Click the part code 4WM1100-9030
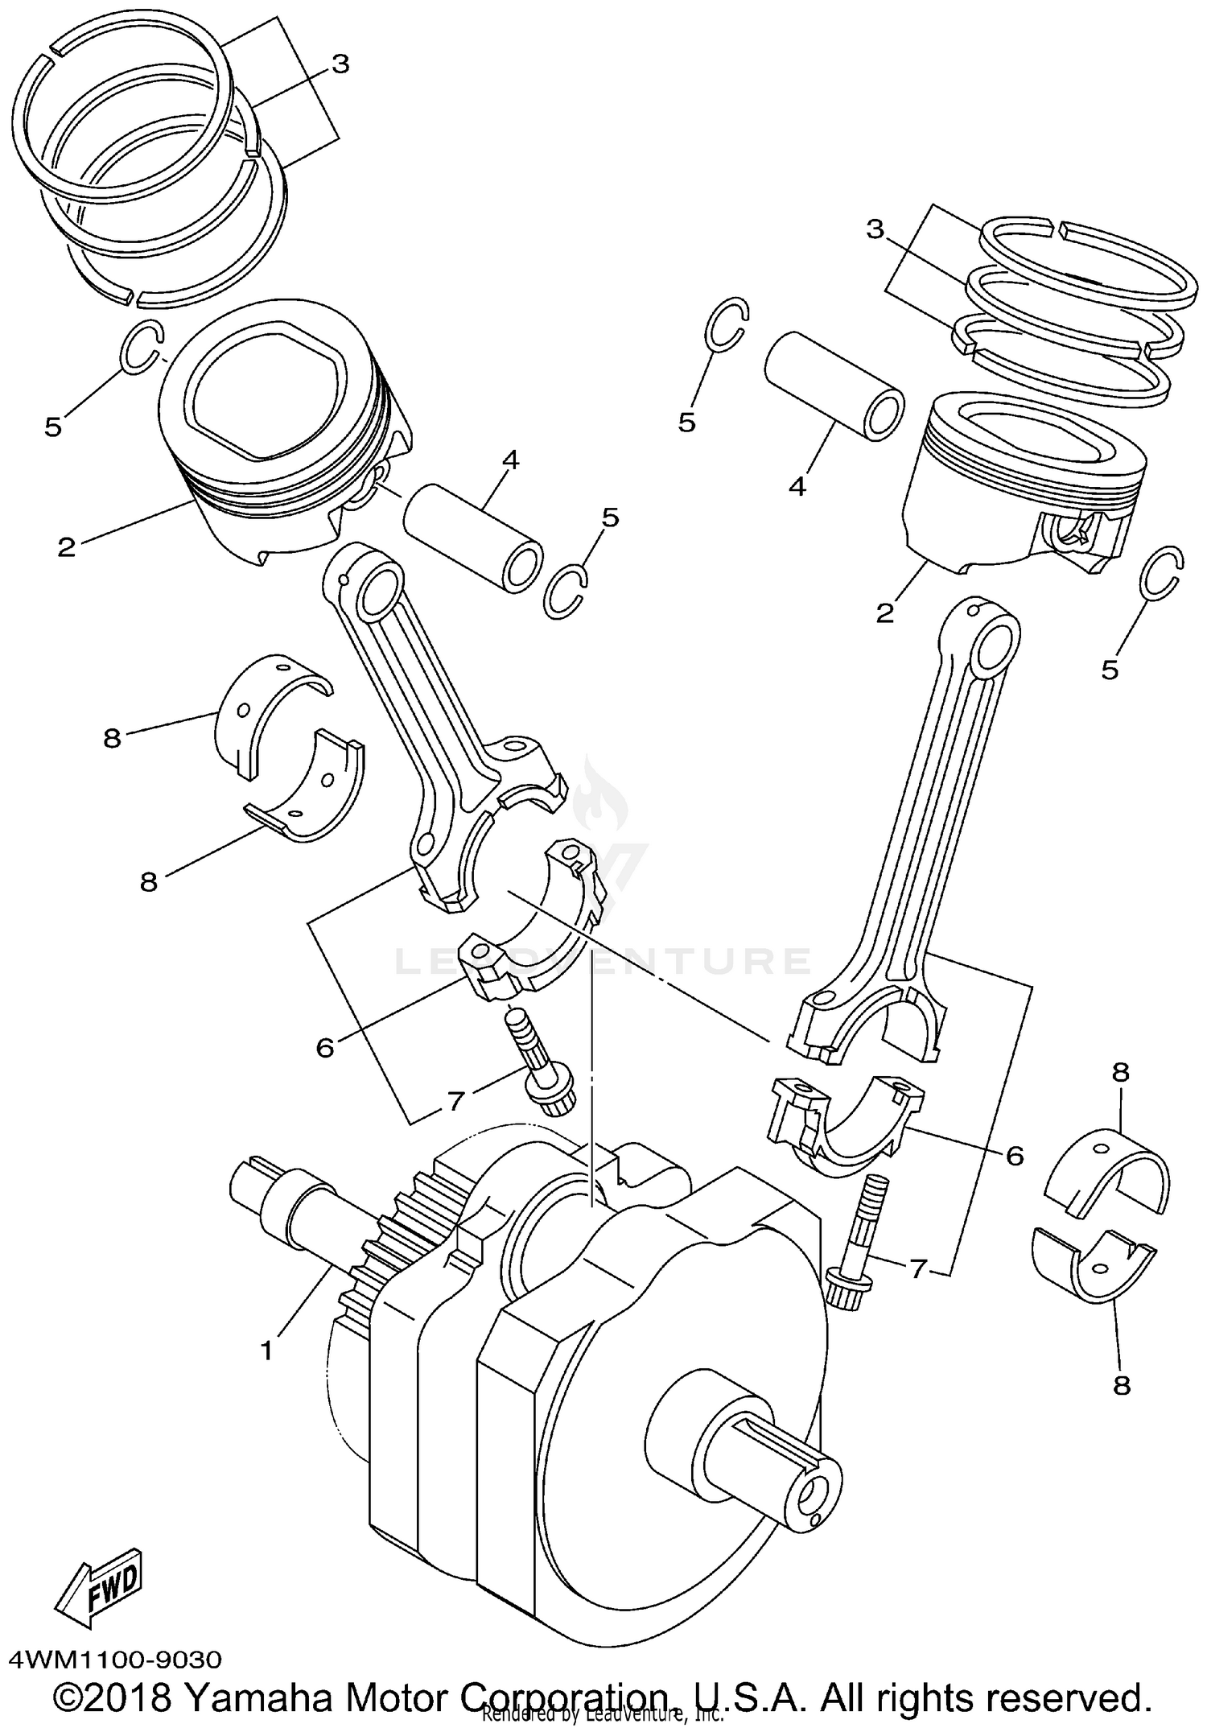click(115, 1660)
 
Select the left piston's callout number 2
click(67, 547)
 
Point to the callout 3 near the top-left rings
click(340, 64)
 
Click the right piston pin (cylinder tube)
click(833, 386)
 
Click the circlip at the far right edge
click(1163, 573)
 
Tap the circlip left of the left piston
click(143, 346)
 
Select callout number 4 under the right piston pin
click(797, 487)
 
